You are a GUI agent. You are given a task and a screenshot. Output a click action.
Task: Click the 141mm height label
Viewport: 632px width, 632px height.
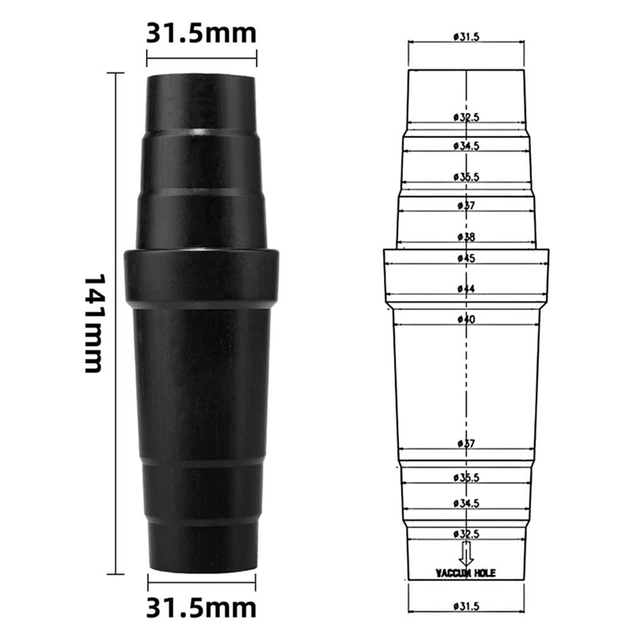(93, 323)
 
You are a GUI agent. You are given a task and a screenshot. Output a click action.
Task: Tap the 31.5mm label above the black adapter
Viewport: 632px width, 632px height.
(201, 33)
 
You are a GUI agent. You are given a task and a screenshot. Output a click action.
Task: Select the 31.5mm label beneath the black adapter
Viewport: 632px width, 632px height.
(201, 607)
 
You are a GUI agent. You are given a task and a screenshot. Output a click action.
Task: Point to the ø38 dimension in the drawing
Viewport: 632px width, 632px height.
(466, 237)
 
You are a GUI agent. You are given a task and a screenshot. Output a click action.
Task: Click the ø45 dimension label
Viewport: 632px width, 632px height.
(466, 258)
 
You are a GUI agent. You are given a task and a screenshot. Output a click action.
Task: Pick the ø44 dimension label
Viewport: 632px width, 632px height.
(466, 289)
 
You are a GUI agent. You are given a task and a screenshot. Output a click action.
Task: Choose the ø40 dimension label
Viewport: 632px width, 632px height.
(466, 319)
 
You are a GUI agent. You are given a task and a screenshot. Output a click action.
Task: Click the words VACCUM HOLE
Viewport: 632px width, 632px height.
(466, 573)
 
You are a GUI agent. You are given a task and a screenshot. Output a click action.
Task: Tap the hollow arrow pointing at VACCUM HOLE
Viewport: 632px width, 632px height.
(466, 554)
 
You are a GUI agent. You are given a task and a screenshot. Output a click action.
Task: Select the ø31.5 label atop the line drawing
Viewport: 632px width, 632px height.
(466, 37)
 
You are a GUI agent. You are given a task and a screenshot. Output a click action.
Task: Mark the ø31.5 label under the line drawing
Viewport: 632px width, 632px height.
(466, 606)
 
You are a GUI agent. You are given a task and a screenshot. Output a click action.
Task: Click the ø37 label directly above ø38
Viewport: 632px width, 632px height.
(466, 205)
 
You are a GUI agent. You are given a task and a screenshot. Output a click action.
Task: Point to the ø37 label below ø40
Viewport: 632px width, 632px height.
(466, 444)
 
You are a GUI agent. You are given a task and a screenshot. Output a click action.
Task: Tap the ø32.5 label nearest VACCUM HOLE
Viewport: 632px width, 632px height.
(466, 534)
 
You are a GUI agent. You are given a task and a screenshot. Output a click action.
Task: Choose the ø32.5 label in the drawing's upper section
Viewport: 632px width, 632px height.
(466, 117)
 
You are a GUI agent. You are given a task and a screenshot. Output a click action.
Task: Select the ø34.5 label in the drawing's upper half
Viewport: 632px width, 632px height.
(466, 145)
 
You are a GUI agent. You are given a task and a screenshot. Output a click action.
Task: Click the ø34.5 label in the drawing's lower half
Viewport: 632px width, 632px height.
(466, 503)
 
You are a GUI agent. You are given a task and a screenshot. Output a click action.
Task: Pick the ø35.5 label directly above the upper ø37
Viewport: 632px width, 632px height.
(466, 177)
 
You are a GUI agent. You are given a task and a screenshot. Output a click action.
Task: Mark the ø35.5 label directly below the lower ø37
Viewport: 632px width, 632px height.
(466, 478)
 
